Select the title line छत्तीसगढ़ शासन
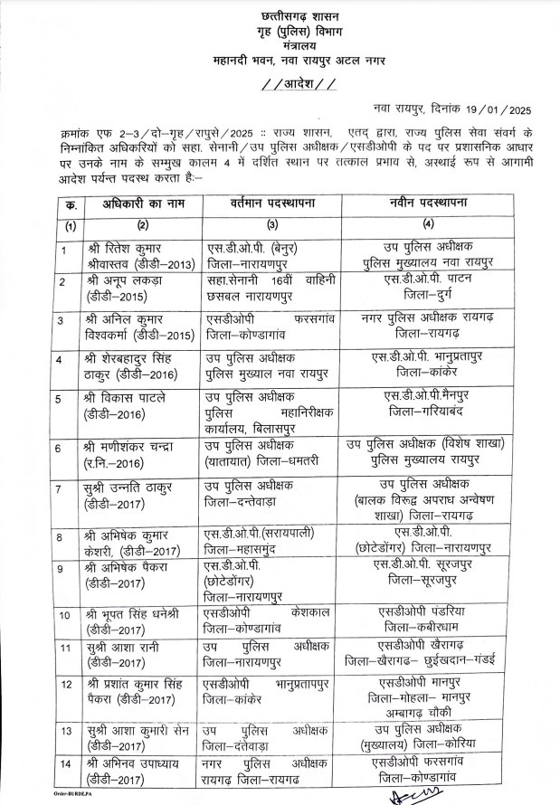tap(280, 13)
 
